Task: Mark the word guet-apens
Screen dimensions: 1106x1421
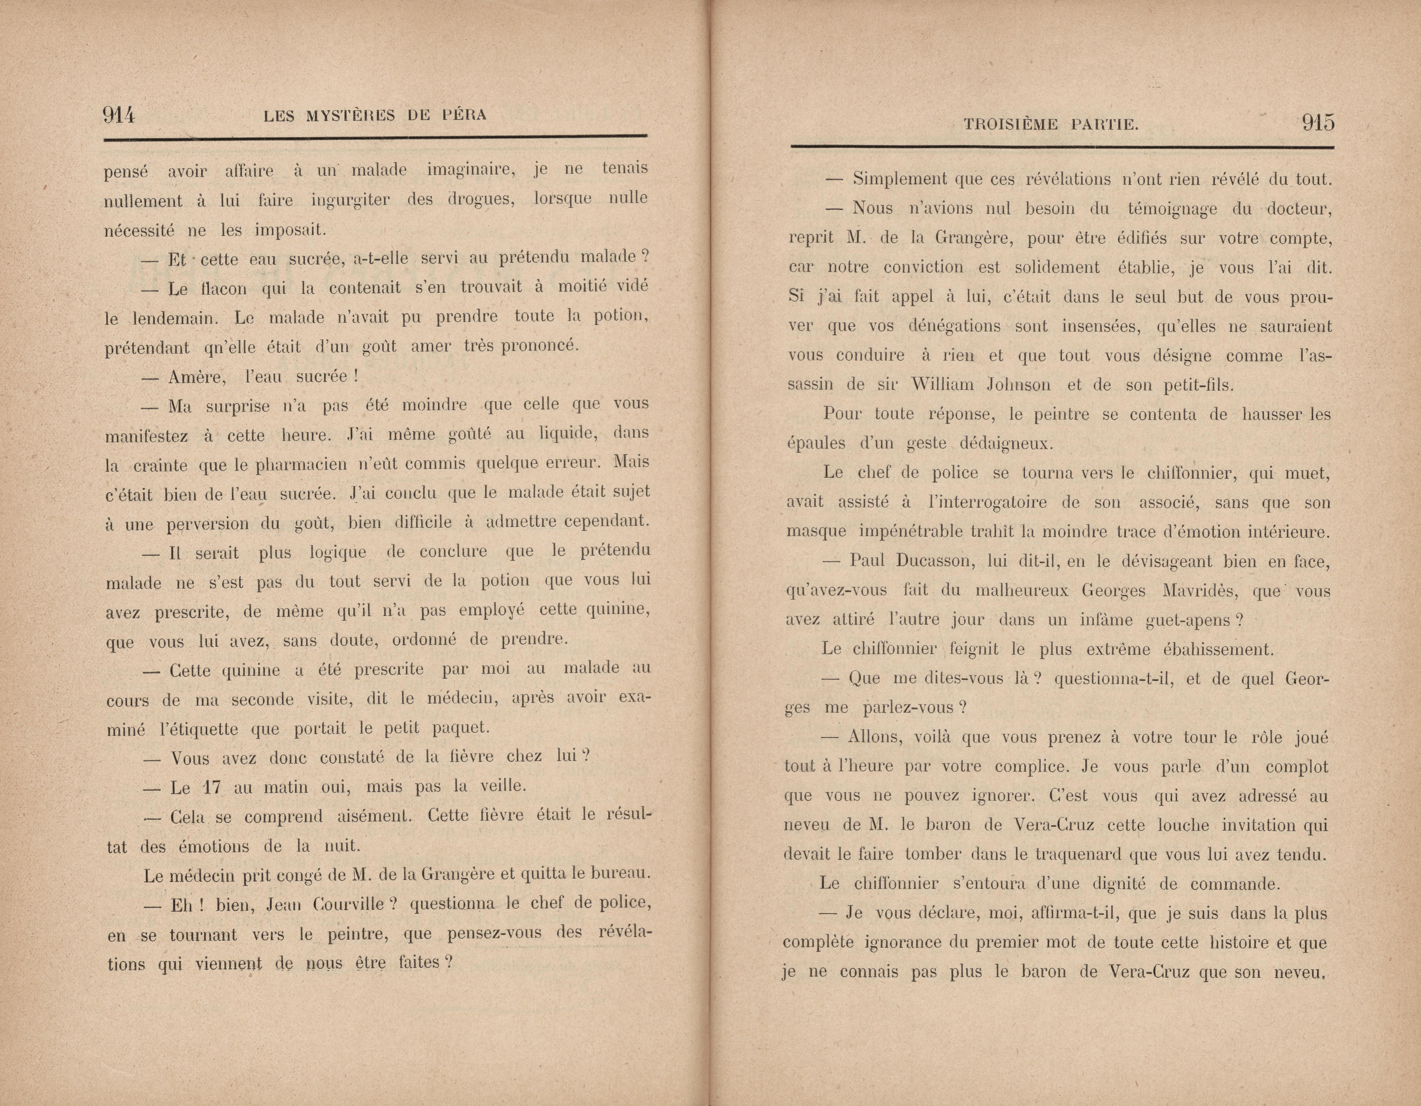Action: [1193, 621]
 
